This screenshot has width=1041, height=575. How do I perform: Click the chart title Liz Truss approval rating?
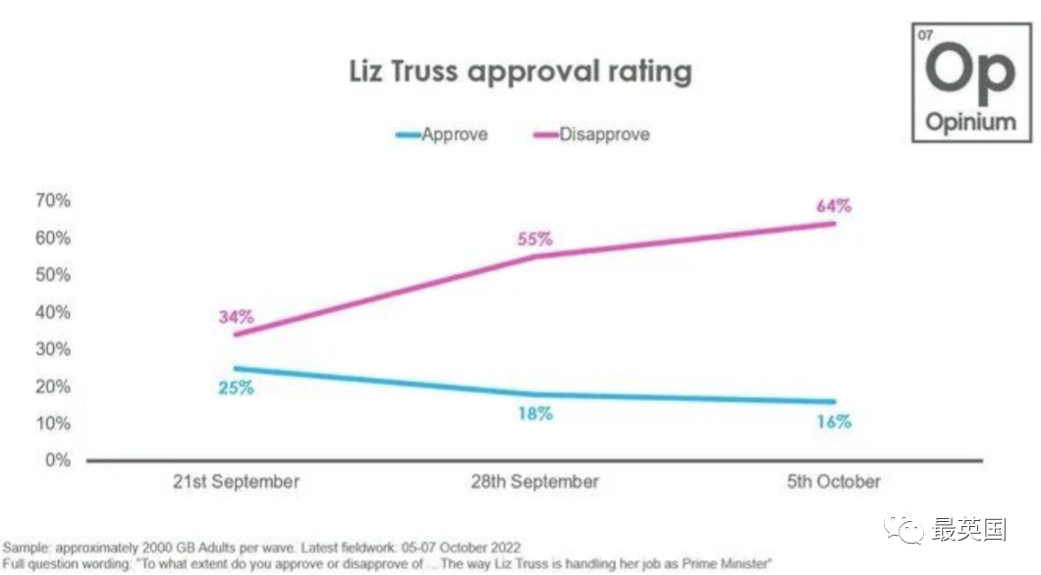tap(520, 72)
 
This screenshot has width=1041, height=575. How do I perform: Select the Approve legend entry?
tap(442, 134)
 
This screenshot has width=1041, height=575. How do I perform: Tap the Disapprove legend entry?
tap(591, 134)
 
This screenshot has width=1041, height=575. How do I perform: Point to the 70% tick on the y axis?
tap(53, 200)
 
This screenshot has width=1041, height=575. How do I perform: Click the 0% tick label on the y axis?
tap(58, 459)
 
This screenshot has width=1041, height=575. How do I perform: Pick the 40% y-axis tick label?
tap(53, 312)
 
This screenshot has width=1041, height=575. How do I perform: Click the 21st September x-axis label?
tap(236, 482)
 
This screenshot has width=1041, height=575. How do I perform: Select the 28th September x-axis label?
tap(534, 482)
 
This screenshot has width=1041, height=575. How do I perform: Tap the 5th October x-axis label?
tap(834, 482)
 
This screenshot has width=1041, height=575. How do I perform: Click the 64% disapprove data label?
tap(834, 206)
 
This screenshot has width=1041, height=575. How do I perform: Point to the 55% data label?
tap(535, 238)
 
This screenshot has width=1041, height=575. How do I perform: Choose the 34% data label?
tap(237, 317)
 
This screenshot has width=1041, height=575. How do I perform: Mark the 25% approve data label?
tap(237, 388)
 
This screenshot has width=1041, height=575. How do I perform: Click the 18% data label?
tap(535, 414)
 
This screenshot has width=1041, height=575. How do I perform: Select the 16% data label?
tap(834, 421)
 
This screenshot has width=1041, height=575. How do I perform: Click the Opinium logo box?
tap(971, 82)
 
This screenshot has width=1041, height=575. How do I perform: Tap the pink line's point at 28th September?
tap(535, 257)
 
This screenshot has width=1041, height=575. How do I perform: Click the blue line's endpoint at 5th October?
tap(834, 402)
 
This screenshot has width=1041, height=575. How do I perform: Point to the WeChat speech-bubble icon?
tap(904, 528)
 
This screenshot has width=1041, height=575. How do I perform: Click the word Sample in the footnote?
tap(26, 549)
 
